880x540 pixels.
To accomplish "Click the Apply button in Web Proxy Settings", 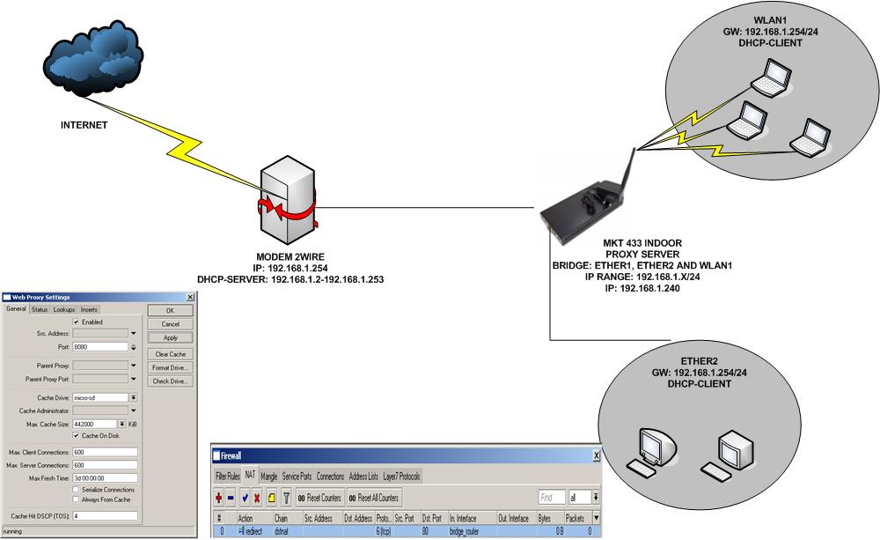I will click(171, 337).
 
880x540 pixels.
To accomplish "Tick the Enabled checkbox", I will click(76, 322).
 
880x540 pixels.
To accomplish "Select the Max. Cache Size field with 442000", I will click(99, 424).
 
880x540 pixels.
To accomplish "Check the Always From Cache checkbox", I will click(76, 499).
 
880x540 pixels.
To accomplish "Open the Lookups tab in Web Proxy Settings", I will click(64, 309).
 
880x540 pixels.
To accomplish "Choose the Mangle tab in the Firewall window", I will click(268, 477).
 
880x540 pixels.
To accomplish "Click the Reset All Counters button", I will click(373, 498).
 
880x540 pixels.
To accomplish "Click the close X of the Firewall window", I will click(596, 455).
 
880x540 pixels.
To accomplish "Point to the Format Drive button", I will click(171, 367).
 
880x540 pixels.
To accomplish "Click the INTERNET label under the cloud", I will click(84, 125).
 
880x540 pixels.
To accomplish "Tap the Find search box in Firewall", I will click(552, 498).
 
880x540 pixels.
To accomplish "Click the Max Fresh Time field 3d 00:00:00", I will click(105, 477).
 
